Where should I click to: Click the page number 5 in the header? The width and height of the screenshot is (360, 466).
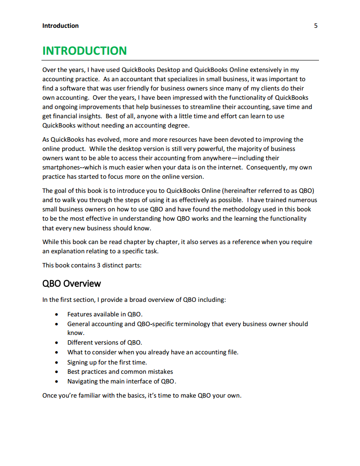coord(315,26)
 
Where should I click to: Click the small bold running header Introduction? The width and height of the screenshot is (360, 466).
coord(60,26)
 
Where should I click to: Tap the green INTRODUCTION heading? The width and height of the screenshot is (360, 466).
coord(84,51)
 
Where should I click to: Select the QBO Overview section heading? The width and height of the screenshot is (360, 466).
coord(71,283)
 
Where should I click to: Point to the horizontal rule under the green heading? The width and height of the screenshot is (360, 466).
coord(180,60)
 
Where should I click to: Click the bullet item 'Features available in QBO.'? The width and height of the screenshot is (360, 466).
coord(105,314)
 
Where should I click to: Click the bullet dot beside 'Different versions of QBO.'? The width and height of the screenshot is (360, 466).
coord(56,343)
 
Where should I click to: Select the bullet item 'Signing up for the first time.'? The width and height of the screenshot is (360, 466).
coord(107,362)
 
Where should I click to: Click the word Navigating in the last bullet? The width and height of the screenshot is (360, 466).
coord(82,381)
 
